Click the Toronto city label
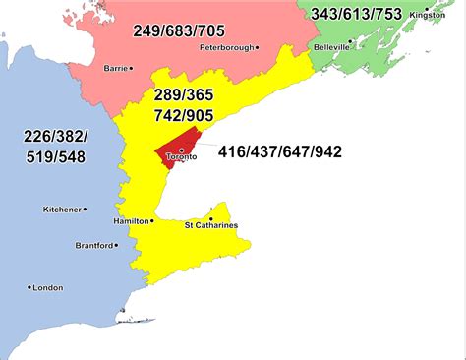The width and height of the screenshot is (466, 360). tap(182, 157)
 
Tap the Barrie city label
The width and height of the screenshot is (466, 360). tap(117, 68)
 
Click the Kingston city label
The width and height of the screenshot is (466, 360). tap(428, 16)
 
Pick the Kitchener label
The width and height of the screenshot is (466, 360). tap(61, 209)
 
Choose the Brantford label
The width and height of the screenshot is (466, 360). tap(94, 245)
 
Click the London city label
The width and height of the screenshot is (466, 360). tap(47, 287)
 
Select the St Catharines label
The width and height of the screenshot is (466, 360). tap(211, 226)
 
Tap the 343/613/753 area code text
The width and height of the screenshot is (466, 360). tap(355, 14)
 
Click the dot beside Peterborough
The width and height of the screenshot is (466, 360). tap(258, 46)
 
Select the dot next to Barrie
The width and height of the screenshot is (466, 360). tap(136, 68)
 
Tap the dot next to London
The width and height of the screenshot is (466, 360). tap(29, 287)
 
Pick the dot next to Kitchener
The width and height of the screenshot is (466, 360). tap(86, 209)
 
